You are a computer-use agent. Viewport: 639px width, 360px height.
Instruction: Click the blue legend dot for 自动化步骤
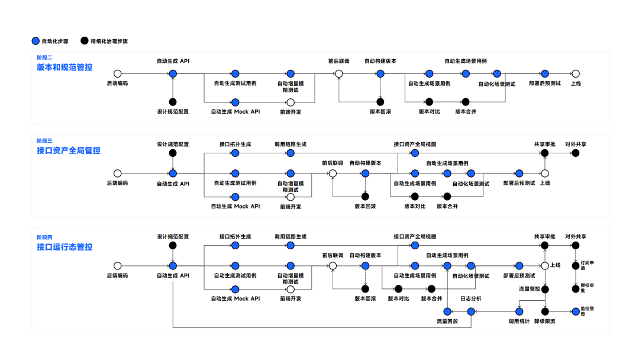35,41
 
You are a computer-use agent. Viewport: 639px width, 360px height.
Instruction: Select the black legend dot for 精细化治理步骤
85,41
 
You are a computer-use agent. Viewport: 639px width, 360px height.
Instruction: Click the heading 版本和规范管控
64,67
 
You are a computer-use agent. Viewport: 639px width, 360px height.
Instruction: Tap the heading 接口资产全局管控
69,150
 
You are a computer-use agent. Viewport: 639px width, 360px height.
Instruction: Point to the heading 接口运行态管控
64,247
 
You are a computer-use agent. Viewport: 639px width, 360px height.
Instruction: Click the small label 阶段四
44,237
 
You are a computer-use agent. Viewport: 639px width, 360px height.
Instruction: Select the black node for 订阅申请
575,266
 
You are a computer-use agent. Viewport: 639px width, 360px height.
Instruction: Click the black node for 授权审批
575,289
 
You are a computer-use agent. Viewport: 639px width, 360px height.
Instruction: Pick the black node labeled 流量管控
545,289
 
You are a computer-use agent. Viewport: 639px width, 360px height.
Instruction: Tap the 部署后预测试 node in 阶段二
545,74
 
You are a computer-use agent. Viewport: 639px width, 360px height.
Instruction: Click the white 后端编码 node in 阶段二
117,74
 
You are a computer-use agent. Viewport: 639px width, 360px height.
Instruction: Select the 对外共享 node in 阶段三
575,153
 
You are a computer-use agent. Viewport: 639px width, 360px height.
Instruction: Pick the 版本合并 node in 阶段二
466,102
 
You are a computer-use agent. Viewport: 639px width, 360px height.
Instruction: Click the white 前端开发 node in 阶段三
291,197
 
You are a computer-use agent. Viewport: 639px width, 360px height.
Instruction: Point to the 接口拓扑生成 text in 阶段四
235,237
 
